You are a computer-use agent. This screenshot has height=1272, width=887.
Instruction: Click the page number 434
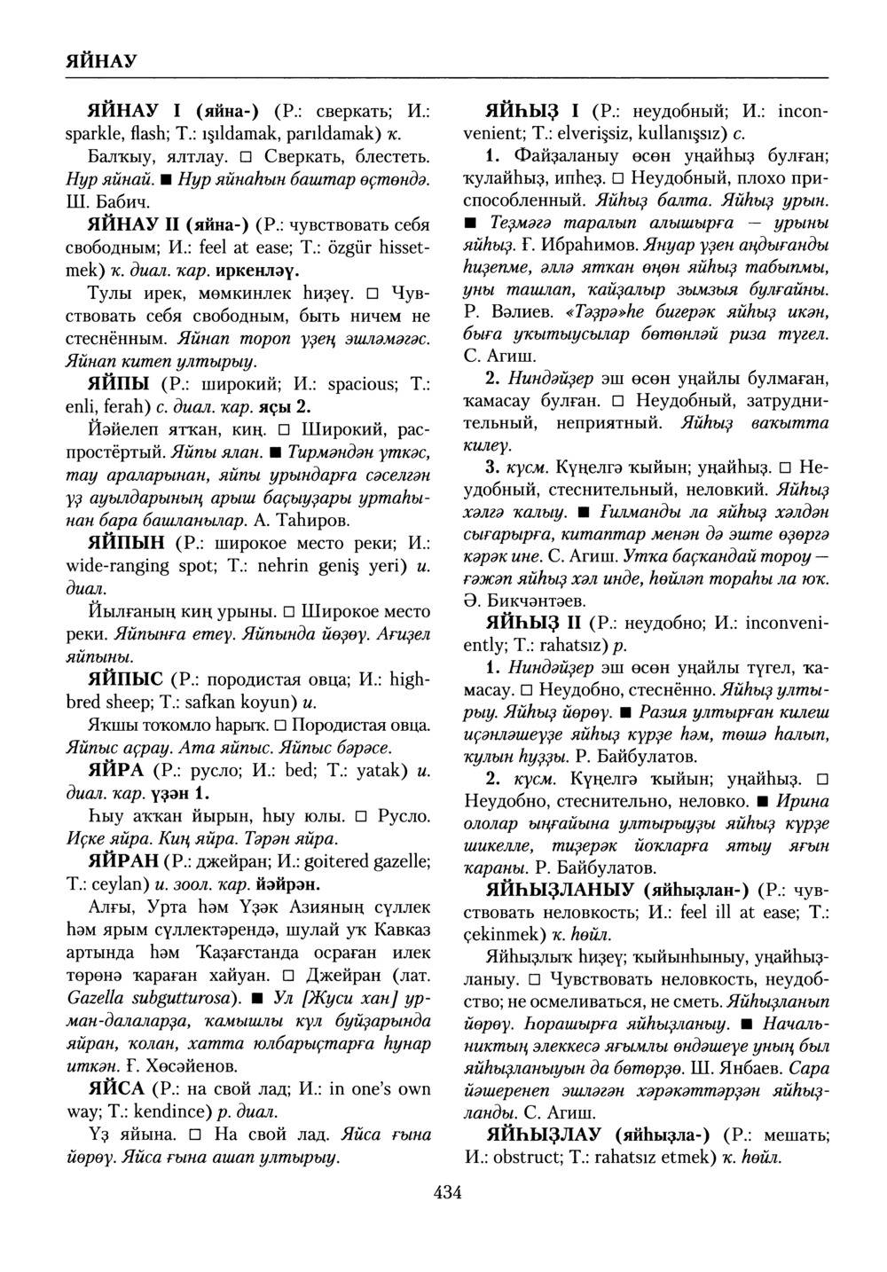(447, 1193)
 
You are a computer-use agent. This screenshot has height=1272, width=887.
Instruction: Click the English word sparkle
(97, 136)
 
